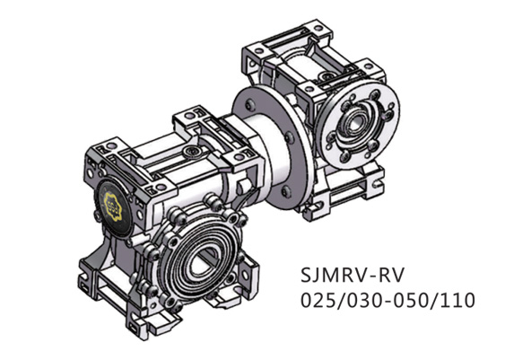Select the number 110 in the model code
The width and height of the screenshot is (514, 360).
pyautogui.click(x=455, y=298)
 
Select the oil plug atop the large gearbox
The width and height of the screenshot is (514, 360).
pyautogui.click(x=192, y=154)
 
